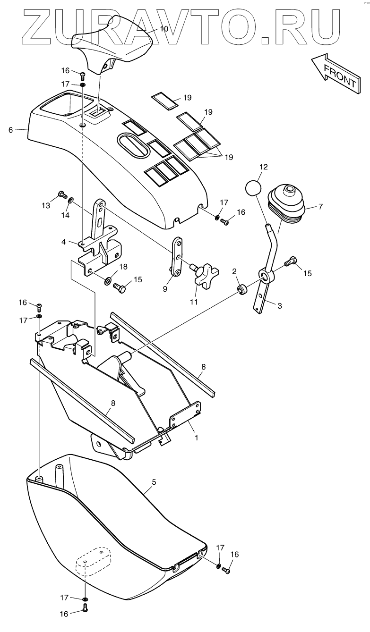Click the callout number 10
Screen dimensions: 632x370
(163, 29)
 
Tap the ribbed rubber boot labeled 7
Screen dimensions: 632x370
(287, 203)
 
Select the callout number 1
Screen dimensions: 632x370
(196, 438)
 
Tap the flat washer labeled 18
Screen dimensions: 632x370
(108, 281)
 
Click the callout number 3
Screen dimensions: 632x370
(280, 306)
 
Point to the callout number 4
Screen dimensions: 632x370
(63, 242)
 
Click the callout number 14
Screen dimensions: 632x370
(65, 215)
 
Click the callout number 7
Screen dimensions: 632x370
(320, 207)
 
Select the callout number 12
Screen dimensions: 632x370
(263, 167)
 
